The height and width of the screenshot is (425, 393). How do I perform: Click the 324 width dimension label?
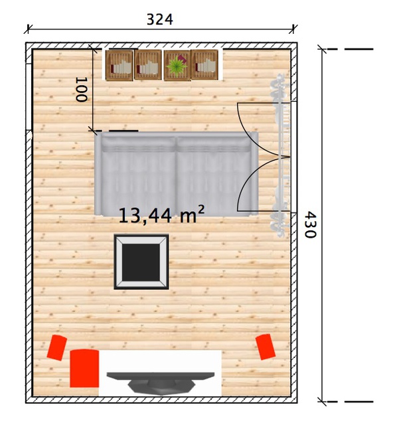click(x=159, y=19)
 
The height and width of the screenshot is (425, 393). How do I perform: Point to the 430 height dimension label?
click(x=310, y=224)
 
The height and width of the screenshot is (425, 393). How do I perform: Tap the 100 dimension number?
click(x=81, y=90)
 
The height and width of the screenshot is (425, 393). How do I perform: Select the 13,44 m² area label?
click(x=161, y=214)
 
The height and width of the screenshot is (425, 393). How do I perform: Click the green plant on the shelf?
click(x=177, y=65)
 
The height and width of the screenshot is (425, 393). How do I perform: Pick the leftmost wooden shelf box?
click(x=119, y=65)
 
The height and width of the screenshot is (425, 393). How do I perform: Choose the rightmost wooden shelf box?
click(x=204, y=65)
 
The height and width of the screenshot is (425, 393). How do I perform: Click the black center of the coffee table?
click(x=141, y=262)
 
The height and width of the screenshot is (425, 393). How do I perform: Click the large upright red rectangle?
click(x=84, y=368)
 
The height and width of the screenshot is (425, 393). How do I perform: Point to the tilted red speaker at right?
click(x=266, y=347)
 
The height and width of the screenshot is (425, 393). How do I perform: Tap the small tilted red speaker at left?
click(x=57, y=347)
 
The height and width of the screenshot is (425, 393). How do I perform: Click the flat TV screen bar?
click(x=161, y=376)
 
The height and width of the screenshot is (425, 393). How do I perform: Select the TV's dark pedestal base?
click(x=161, y=387)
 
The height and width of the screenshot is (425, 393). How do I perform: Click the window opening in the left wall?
click(x=29, y=97)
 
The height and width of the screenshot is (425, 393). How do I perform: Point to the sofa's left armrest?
click(x=98, y=173)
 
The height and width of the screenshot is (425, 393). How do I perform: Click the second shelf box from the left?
click(x=148, y=65)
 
